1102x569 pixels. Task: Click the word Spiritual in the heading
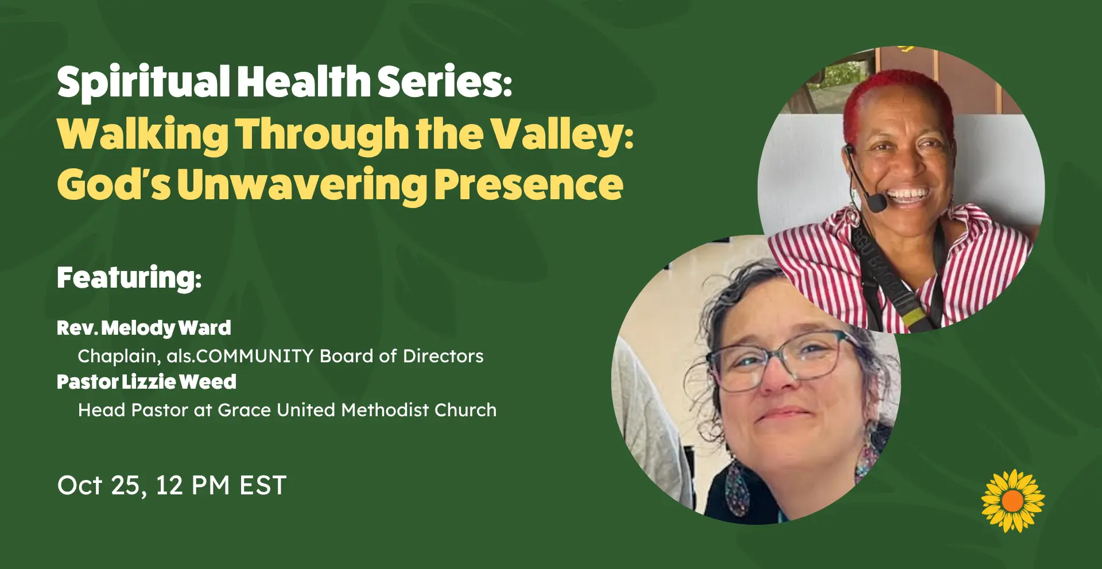click(143, 82)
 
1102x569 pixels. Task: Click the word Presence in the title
click(529, 185)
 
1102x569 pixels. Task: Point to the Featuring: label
click(129, 277)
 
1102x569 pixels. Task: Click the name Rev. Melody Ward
click(144, 328)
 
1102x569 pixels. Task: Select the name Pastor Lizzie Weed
click(146, 382)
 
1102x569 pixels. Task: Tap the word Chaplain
click(119, 356)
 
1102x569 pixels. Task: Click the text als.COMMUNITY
click(240, 356)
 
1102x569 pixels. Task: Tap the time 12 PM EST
click(221, 485)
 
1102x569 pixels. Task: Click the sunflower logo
click(1013, 501)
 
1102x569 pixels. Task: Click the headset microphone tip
click(877, 203)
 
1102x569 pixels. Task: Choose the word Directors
click(443, 356)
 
